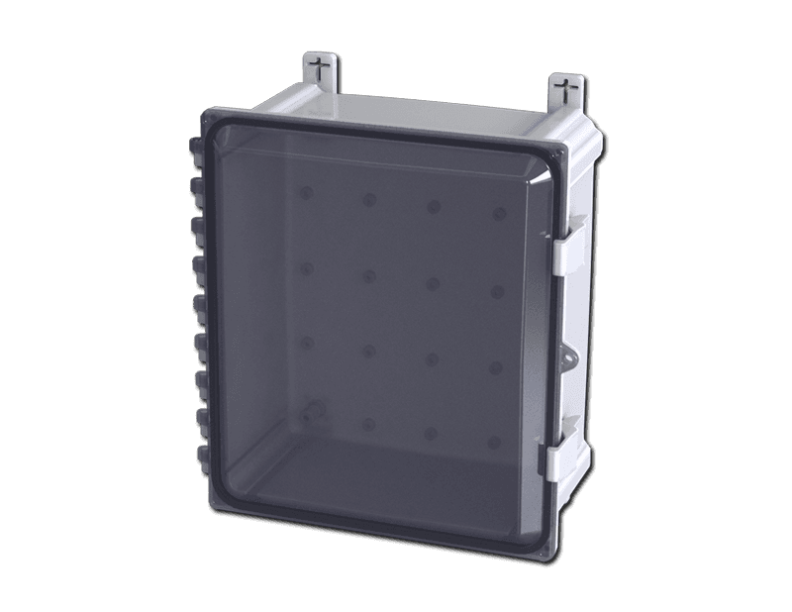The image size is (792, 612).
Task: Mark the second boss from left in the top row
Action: point(368,199)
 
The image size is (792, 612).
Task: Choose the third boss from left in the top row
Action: point(432,207)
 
